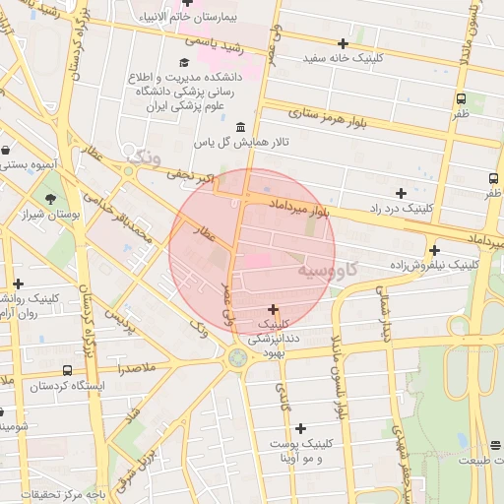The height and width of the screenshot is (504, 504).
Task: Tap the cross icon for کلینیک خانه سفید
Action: coord(343,43)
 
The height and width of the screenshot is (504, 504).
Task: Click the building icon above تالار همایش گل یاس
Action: coord(242,126)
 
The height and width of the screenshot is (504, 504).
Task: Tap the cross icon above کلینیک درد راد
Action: coord(400,193)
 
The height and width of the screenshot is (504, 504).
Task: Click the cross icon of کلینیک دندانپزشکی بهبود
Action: coord(273,309)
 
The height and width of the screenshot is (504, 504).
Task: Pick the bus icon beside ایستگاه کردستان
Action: coord(66,370)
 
